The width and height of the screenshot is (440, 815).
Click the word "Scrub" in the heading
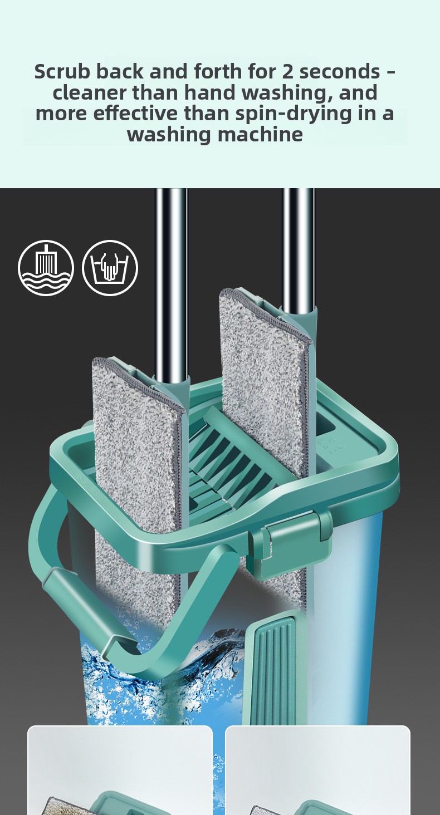pos(62,71)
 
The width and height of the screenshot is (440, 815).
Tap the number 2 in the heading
pos(287,71)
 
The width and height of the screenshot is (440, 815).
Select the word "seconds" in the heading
pos(340,71)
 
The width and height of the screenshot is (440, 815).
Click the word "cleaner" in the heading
pos(89,92)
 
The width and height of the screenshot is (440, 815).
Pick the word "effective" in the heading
pos(135,113)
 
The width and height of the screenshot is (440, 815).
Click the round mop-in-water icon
pos(46,268)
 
